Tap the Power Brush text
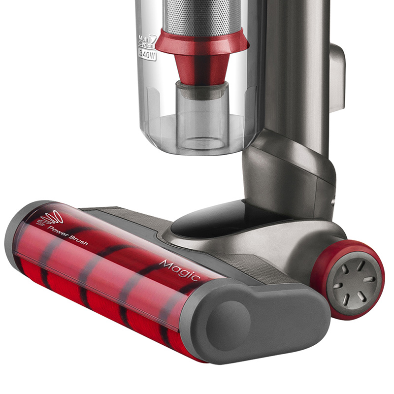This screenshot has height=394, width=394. tap(68, 236)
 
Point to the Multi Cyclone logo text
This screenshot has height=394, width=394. tap(147, 41)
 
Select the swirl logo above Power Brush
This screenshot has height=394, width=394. tap(50, 218)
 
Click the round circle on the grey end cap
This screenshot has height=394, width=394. tap(228, 326)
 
